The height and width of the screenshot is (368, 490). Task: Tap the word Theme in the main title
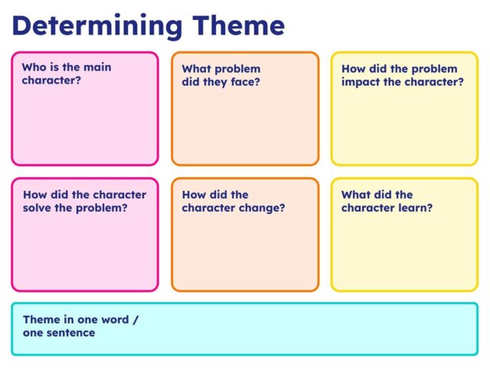237,25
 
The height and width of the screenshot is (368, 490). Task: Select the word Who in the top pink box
34,67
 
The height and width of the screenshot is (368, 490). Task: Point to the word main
96,67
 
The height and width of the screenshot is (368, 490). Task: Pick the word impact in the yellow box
362,82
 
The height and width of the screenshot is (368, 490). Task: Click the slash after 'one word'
136,320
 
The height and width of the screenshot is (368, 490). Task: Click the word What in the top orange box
196,69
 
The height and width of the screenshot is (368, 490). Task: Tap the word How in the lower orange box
194,195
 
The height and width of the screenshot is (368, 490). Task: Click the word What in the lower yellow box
355,195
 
